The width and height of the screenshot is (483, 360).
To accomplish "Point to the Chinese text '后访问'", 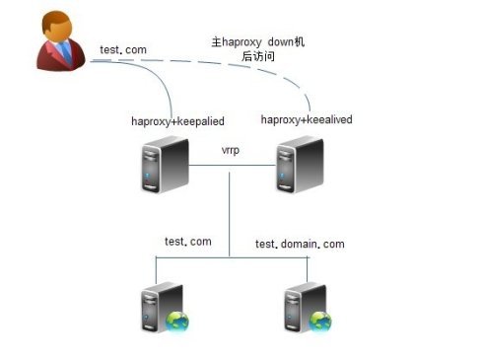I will tap(257, 58).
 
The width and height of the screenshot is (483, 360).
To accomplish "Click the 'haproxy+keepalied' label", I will tap(178, 120).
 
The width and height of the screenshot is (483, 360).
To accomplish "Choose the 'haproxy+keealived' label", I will tap(307, 119).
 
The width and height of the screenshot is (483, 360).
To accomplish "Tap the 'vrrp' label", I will tap(231, 150).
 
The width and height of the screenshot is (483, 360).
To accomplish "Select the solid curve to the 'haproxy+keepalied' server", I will tap(148, 69).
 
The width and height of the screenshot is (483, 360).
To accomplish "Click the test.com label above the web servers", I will tap(187, 241).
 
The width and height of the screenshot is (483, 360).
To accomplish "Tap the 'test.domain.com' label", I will tap(300, 243).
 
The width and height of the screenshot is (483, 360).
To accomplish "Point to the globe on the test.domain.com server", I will tap(319, 321).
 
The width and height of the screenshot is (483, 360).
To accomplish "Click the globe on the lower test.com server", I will tap(176, 321).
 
